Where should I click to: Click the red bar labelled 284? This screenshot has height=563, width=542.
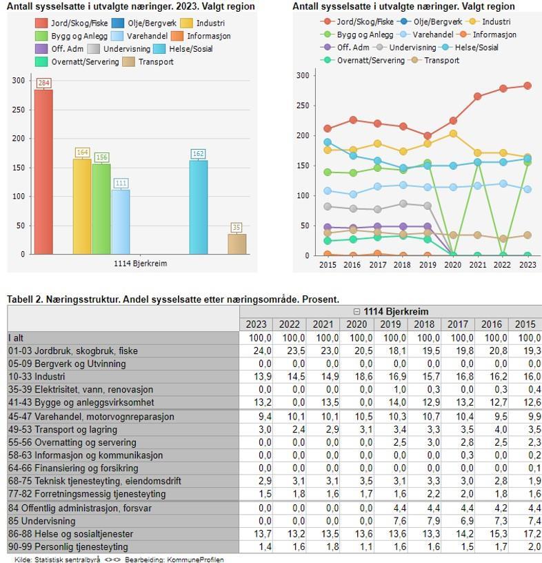click(x=43, y=172)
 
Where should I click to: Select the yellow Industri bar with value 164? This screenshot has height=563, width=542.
click(x=82, y=206)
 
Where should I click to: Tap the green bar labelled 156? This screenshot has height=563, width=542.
click(x=101, y=208)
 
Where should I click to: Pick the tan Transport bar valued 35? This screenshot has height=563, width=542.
click(x=237, y=244)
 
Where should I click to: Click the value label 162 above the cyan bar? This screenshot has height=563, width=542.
click(x=198, y=154)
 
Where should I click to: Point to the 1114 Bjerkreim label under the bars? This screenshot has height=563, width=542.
click(x=140, y=263)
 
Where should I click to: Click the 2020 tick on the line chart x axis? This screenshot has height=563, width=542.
click(x=452, y=265)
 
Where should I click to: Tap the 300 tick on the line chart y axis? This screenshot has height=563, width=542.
click(x=301, y=75)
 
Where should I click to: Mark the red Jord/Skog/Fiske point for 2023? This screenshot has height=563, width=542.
click(x=528, y=86)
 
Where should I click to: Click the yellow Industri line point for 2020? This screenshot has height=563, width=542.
click(x=453, y=134)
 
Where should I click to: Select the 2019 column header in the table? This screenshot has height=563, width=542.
click(x=394, y=325)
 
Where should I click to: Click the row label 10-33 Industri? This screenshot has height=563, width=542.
click(x=37, y=377)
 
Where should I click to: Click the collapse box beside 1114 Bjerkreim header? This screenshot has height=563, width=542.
click(x=357, y=312)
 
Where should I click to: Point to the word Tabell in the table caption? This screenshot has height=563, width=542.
click(x=21, y=299)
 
